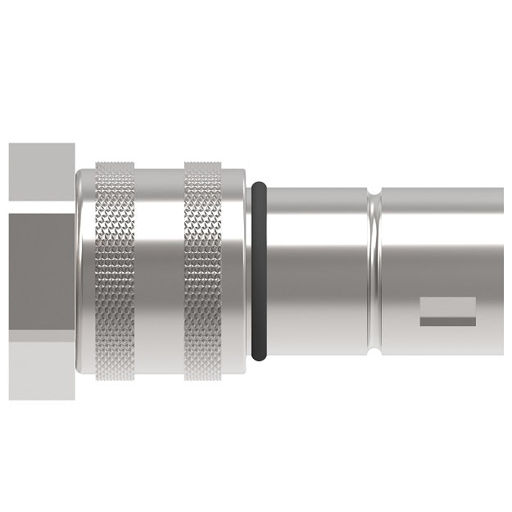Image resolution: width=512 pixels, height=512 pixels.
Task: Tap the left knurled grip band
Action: click(x=113, y=270)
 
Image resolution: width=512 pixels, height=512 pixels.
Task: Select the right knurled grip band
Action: click(x=202, y=270)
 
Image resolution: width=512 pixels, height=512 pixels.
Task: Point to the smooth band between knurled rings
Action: click(x=157, y=270)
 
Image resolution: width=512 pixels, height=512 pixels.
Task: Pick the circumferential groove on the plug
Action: click(x=375, y=270)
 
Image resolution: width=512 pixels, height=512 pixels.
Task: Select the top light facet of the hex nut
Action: click(x=41, y=174)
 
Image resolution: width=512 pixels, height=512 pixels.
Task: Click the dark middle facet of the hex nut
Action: click(x=41, y=270)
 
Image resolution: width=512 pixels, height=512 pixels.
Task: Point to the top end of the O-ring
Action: click(x=258, y=185)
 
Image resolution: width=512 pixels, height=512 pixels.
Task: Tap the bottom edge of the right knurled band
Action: click(x=202, y=376)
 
